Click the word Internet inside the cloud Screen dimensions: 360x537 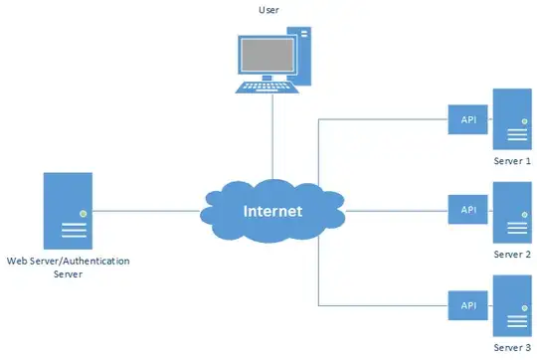pos(272,212)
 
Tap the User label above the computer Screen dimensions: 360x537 pos(268,10)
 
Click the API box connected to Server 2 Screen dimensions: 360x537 pos(468,211)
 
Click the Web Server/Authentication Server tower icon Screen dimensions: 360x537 pos(68,210)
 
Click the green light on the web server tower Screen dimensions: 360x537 pos(84,213)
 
